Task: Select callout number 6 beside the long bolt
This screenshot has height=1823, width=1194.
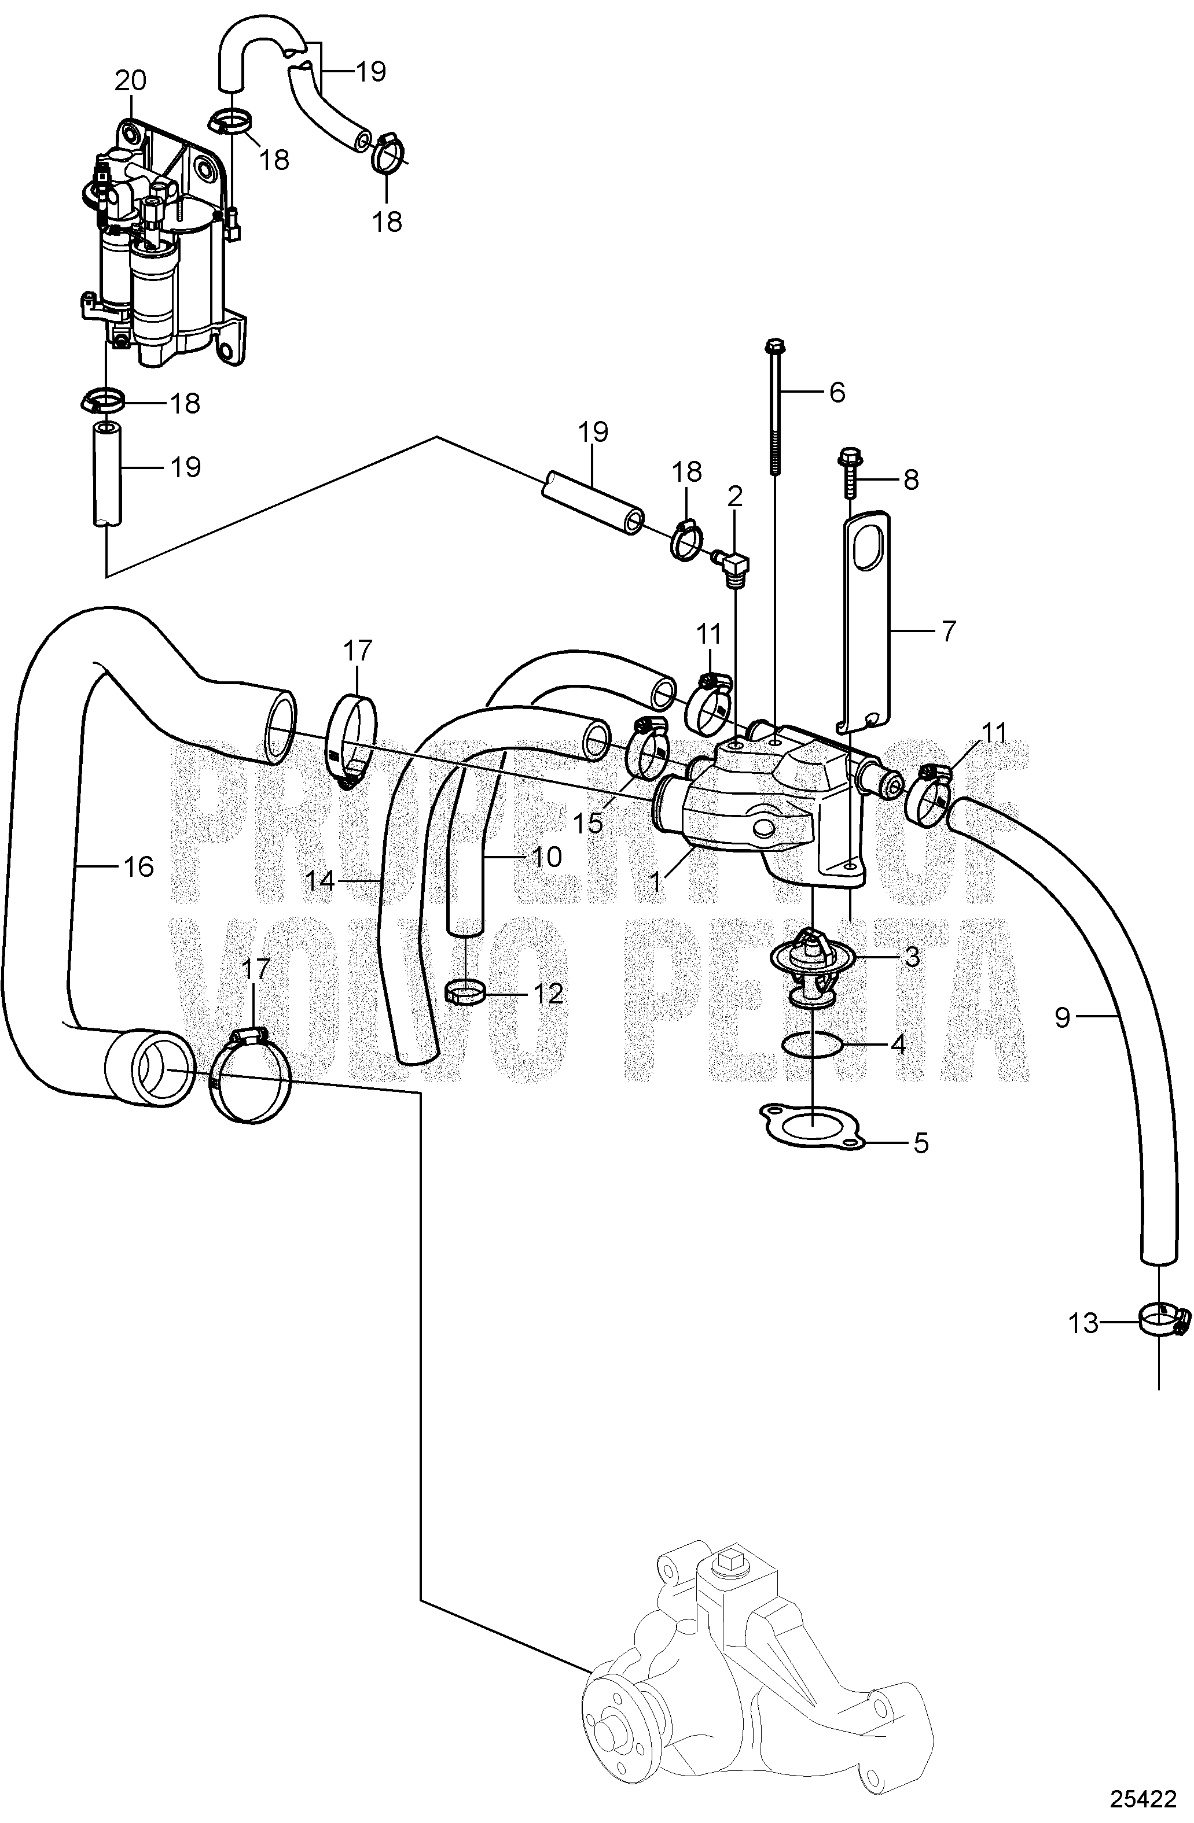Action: coord(836,393)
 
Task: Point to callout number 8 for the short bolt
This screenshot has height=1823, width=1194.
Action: coord(910,480)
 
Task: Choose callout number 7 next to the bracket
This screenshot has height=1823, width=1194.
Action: coord(949,632)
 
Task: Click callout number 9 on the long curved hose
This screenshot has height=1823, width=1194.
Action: coord(1061,1018)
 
